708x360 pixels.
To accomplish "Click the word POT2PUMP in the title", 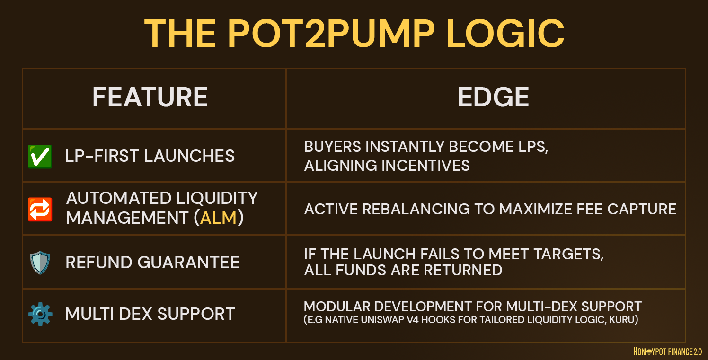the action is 331,34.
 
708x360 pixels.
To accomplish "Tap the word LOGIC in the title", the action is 505,34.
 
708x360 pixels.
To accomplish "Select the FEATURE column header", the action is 150,97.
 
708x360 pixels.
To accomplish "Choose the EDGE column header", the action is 494,97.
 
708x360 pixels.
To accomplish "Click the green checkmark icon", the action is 40,157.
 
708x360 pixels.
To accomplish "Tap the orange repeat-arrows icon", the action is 40,209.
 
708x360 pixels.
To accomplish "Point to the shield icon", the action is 40,263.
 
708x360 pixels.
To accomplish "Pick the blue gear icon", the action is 40,314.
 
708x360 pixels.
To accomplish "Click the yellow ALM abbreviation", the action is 218,218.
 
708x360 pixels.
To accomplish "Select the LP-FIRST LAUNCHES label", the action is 150,156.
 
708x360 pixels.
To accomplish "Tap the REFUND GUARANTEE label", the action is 153,263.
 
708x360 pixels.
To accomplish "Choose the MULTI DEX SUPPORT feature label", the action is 150,314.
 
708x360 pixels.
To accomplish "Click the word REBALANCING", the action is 416,209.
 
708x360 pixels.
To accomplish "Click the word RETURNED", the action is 463,270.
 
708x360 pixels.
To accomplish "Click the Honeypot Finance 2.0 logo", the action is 668,351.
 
